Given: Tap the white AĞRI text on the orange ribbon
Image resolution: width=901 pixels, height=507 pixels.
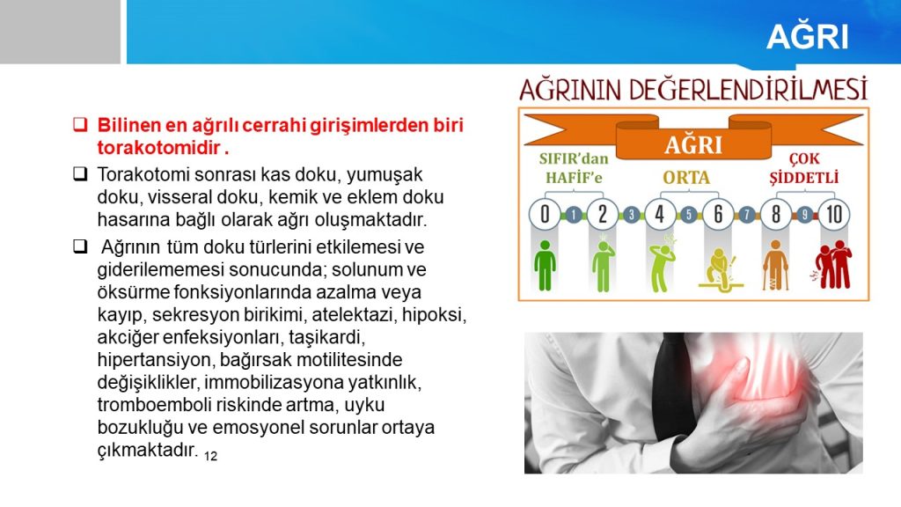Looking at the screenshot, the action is pyautogui.click(x=693, y=145).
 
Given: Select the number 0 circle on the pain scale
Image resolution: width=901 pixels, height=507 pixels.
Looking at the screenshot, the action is pyautogui.click(x=544, y=215).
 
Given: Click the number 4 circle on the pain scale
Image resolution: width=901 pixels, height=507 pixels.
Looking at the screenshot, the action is pyautogui.click(x=660, y=215).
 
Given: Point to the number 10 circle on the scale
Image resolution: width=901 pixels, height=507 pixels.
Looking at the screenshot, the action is pyautogui.click(x=834, y=215).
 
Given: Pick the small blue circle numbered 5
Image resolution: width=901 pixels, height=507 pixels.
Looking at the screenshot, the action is pyautogui.click(x=688, y=216).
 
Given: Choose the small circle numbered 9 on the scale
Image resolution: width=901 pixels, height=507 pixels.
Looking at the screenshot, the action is pyautogui.click(x=804, y=216).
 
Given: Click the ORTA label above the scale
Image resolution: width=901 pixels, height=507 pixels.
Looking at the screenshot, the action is pyautogui.click(x=686, y=178).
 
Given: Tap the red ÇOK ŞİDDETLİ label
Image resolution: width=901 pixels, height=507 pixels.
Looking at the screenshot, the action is pyautogui.click(x=804, y=168).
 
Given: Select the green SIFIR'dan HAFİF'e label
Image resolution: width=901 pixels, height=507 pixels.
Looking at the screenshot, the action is pyautogui.click(x=574, y=168).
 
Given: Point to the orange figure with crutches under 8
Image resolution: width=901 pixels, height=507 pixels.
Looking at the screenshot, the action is pyautogui.click(x=776, y=265).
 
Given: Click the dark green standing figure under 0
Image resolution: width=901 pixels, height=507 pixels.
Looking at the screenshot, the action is pyautogui.click(x=544, y=266).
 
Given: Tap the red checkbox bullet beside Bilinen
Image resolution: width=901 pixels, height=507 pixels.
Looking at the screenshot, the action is pyautogui.click(x=80, y=124).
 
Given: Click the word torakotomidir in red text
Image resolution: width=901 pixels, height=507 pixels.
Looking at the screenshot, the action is pyautogui.click(x=159, y=148).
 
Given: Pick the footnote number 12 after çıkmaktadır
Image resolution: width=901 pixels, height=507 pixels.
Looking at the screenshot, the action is pyautogui.click(x=210, y=457).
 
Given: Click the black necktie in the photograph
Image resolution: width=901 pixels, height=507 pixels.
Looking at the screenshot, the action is pyautogui.click(x=672, y=386).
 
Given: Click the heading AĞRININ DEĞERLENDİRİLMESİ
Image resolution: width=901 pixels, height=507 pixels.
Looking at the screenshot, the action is pyautogui.click(x=693, y=91).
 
